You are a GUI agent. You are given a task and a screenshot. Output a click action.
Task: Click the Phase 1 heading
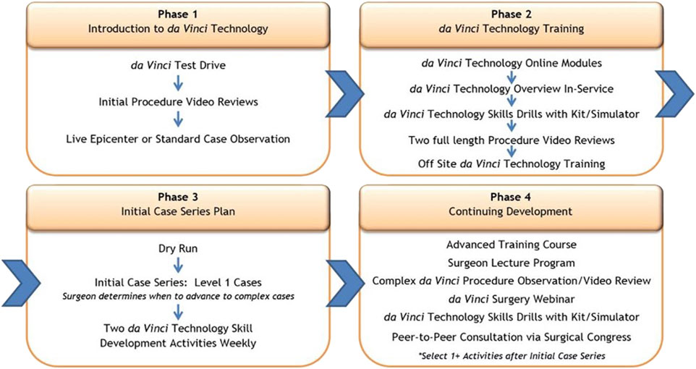tap(177, 15)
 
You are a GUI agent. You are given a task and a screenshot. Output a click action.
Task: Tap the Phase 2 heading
tap(512, 15)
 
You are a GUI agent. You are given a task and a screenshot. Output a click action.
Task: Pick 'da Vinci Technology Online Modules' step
tap(512, 63)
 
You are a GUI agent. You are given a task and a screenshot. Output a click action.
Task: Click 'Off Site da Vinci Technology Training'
tap(512, 164)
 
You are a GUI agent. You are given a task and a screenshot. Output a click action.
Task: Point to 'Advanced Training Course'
tap(512, 245)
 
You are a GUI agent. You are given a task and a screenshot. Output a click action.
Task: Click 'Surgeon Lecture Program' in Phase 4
tap(512, 262)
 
